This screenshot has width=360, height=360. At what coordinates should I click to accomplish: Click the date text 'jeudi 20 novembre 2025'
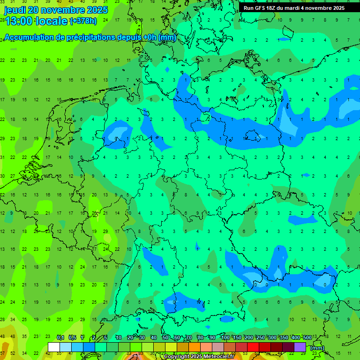[x=56, y=10]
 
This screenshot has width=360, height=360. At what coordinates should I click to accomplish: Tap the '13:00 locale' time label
[x=36, y=21]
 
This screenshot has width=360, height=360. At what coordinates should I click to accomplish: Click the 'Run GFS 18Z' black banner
[x=294, y=8]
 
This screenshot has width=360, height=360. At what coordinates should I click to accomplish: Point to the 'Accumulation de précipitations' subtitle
[x=89, y=37]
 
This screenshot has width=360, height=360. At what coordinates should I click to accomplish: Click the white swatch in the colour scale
[x=53, y=347]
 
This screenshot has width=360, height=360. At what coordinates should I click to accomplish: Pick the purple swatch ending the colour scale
[x=300, y=347]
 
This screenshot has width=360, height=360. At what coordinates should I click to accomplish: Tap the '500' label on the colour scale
[x=307, y=337]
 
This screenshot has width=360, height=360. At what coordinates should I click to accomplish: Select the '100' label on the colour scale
[x=225, y=337]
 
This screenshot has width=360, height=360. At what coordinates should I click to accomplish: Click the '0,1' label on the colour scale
[x=60, y=337]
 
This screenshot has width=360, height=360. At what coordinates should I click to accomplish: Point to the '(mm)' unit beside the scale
[x=317, y=348]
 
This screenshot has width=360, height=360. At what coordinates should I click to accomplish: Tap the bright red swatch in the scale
[x=253, y=347]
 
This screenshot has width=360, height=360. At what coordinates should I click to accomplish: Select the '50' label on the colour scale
[x=165, y=337]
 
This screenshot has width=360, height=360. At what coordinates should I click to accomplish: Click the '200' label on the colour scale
[x=248, y=337]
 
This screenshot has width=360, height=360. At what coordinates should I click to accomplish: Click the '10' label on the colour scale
[x=119, y=337]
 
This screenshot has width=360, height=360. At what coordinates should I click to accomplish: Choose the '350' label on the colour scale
[x=284, y=337]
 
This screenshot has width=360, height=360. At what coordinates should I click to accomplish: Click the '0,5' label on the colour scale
[x=73, y=337]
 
